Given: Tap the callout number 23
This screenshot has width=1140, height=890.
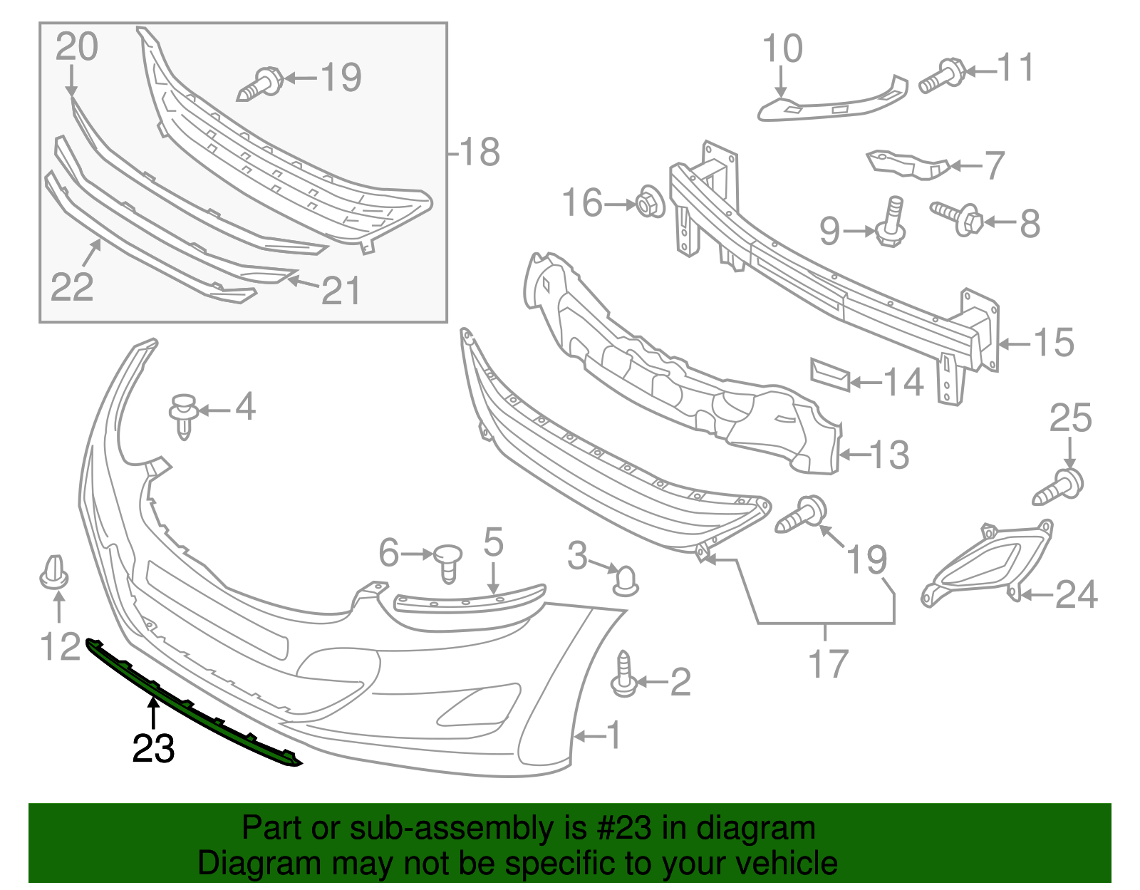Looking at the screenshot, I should click(x=153, y=749).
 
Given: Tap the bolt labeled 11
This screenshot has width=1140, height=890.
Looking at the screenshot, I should click(x=942, y=76).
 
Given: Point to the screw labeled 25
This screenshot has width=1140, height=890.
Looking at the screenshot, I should click(x=1059, y=488).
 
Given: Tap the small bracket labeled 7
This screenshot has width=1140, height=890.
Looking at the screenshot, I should click(x=906, y=164).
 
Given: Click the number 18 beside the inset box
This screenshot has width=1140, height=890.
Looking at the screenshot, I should click(x=480, y=152).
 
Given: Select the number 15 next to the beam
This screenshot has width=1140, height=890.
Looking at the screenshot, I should click(x=1054, y=343).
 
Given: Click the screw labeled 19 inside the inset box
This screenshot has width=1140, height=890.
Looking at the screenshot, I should click(x=261, y=84).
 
